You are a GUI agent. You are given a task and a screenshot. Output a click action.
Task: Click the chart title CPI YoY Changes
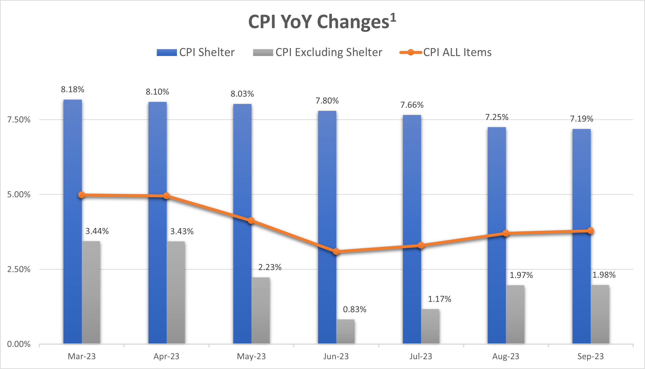click(322, 22)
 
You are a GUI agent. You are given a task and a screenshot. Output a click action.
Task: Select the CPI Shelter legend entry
click(196, 53)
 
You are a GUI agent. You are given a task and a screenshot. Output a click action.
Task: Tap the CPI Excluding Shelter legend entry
click(317, 53)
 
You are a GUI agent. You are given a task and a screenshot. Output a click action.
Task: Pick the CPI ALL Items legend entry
click(445, 53)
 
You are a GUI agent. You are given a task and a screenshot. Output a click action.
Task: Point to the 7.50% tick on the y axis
click(19, 120)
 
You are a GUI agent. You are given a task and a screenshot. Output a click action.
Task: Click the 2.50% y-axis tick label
click(19, 269)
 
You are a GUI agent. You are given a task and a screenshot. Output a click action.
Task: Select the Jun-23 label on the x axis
click(336, 356)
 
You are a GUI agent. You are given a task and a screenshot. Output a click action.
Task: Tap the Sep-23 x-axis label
click(591, 356)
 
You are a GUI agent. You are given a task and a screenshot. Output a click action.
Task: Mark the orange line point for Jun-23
click(336, 252)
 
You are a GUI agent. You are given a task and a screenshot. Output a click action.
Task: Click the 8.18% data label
click(73, 89)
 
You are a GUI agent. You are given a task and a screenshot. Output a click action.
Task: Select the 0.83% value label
click(354, 309)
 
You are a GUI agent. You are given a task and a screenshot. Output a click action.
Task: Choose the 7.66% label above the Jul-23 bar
click(412, 105)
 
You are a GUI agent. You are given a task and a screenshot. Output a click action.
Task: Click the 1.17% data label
click(439, 299)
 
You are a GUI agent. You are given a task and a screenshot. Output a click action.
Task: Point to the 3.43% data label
click(182, 231)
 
